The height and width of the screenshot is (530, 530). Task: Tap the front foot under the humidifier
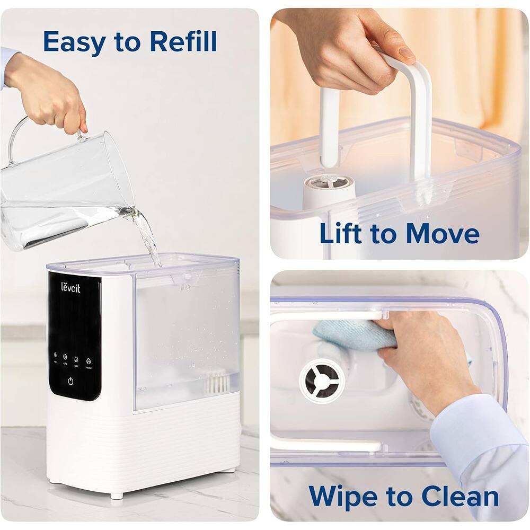point(113,496)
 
